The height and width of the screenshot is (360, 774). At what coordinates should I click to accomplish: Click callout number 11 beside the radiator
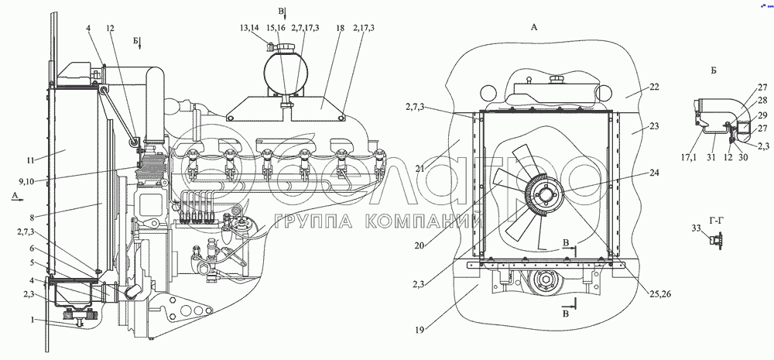point(30,160)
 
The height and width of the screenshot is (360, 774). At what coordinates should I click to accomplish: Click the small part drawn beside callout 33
point(715,240)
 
